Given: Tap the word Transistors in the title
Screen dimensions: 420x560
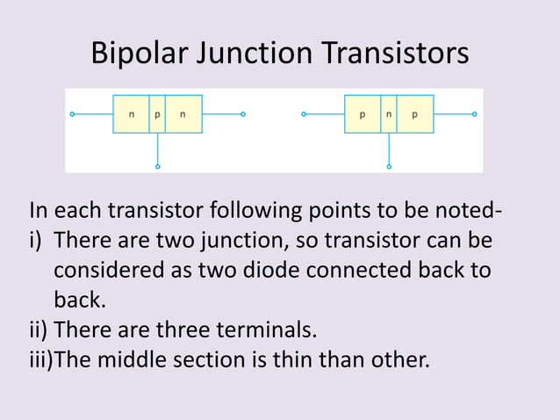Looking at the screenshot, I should click(x=399, y=54).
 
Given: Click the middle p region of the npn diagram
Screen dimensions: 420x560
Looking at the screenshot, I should click(x=157, y=114).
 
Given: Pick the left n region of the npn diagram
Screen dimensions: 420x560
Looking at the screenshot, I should click(x=131, y=114).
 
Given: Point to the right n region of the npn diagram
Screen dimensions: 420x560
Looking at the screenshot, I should click(x=183, y=114).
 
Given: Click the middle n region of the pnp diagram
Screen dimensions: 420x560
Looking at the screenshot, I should click(x=388, y=114).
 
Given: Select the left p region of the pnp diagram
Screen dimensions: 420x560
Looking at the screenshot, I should click(x=362, y=114).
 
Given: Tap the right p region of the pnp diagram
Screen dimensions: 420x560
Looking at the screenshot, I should click(x=415, y=114).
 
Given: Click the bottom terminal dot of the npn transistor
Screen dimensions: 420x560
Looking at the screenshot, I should click(x=157, y=165).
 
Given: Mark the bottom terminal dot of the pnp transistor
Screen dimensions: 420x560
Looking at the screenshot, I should click(x=389, y=165).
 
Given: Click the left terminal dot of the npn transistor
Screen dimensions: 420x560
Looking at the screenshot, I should click(x=72, y=114).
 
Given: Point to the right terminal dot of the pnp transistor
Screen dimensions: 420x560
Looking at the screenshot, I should click(x=475, y=114).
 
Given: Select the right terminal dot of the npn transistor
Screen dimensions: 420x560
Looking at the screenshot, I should click(x=243, y=114).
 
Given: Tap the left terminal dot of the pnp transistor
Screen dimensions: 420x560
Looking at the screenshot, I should click(x=303, y=114).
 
